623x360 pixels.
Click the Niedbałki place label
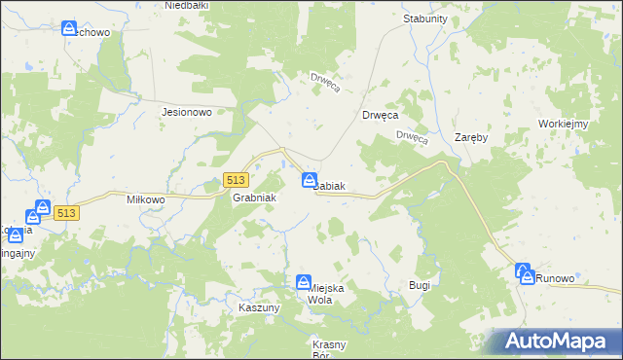coord(189,6)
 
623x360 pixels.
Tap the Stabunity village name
coord(424,18)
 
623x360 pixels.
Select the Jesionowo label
coord(187,112)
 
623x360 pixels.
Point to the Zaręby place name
coord(471,138)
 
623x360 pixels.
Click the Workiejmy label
coord(562,124)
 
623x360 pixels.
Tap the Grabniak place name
coord(255,198)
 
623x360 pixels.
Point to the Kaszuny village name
coord(259,307)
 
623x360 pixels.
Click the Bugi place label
coord(420,285)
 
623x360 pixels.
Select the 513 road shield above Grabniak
coord(236,180)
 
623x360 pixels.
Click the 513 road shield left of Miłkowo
coord(66,213)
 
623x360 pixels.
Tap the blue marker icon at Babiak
coord(310,180)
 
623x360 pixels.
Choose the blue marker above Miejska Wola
coord(303,281)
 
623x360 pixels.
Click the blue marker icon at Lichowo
coord(69,28)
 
